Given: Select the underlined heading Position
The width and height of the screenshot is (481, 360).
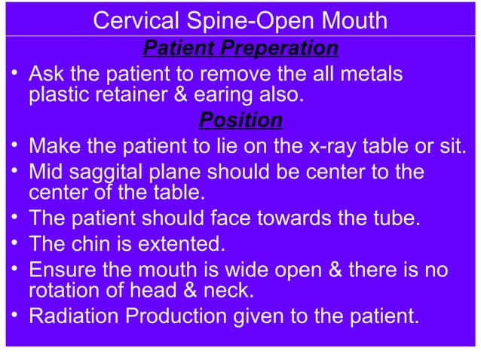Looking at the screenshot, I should (240, 121).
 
